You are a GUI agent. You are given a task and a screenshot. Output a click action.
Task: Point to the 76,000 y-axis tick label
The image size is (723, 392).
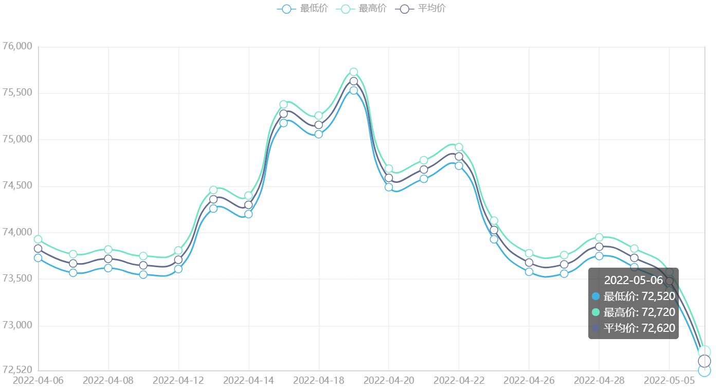click(x=17, y=46)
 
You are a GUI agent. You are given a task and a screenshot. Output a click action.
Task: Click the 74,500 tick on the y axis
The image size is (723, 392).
click(x=17, y=186)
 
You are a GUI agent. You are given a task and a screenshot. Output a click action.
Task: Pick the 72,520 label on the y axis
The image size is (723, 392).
click(x=17, y=369)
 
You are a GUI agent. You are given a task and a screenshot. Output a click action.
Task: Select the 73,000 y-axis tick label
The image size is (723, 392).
click(x=17, y=325)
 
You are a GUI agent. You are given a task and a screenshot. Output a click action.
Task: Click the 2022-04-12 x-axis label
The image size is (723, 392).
click(x=178, y=380)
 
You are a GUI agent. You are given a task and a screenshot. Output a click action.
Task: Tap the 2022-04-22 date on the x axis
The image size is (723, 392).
click(x=459, y=380)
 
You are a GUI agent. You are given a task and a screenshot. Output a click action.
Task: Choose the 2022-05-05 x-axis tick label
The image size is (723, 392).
click(x=669, y=380)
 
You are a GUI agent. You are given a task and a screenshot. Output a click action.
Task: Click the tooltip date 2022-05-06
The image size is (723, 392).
click(x=633, y=280)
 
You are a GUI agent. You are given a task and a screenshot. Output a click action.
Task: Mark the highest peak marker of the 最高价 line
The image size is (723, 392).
click(x=354, y=72)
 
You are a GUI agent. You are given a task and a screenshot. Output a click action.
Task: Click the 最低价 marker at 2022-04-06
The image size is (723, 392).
click(x=38, y=258)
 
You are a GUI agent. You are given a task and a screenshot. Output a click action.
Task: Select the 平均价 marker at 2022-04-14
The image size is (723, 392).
click(x=248, y=205)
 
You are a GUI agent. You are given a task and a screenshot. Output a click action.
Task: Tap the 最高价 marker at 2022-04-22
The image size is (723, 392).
click(x=459, y=147)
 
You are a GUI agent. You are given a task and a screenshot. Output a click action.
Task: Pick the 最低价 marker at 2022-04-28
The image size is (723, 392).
click(x=599, y=256)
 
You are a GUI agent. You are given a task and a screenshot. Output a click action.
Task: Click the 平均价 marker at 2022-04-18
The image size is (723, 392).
click(x=319, y=125)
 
